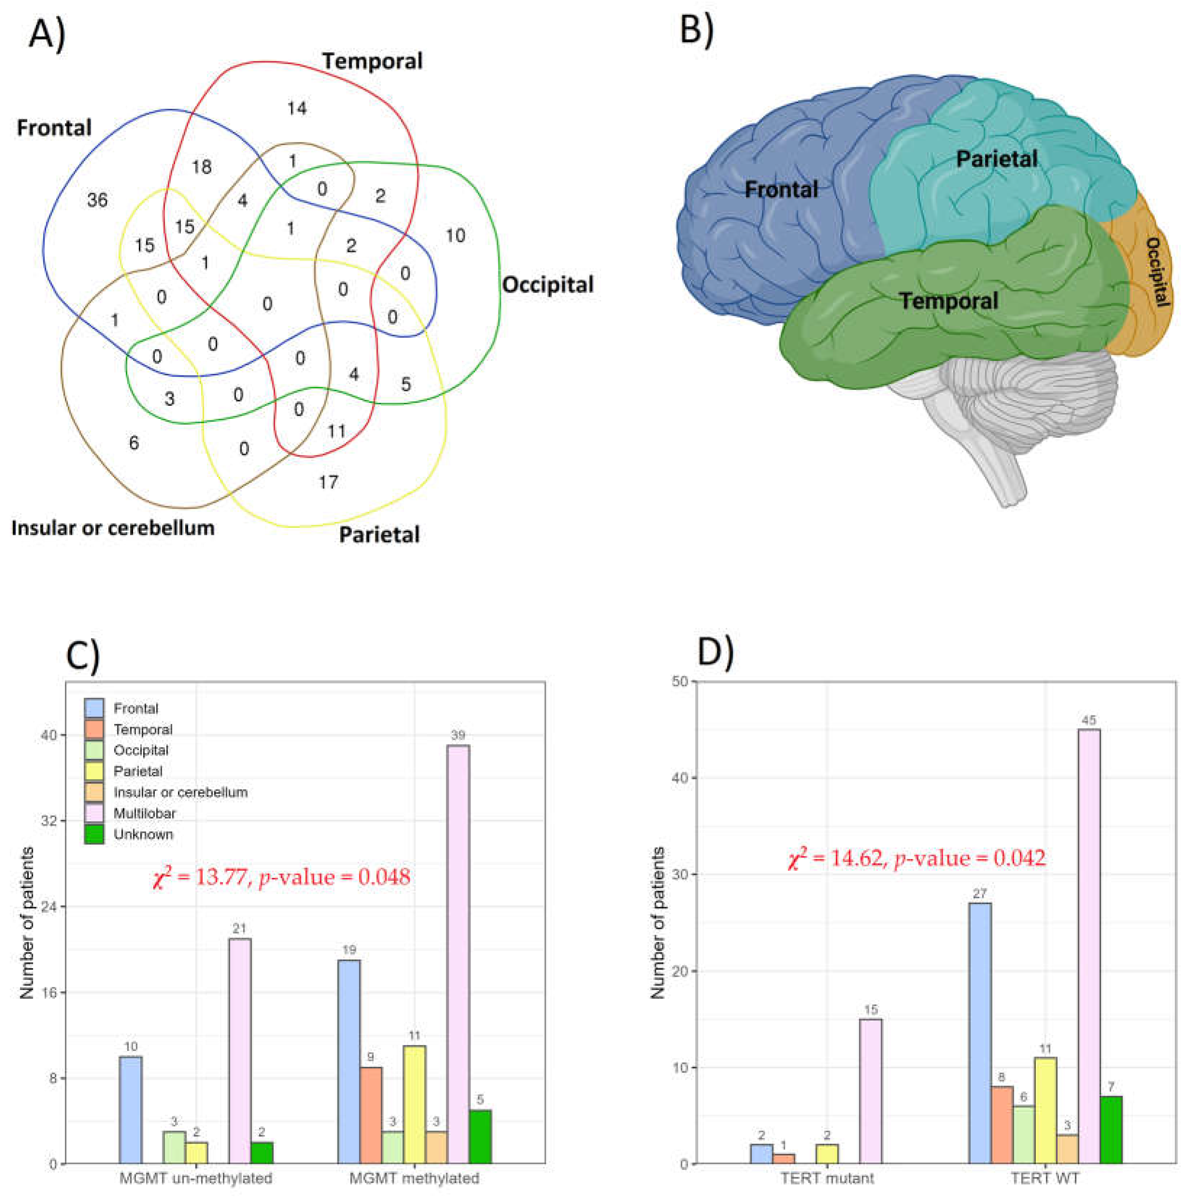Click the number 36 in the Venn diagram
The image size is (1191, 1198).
(x=97, y=200)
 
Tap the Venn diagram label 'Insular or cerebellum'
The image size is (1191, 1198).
(x=113, y=528)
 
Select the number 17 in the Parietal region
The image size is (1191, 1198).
(x=328, y=482)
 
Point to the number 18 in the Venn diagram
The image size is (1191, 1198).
(x=202, y=167)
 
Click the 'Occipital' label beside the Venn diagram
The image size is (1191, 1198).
(x=547, y=285)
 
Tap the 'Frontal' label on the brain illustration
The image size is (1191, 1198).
(x=781, y=189)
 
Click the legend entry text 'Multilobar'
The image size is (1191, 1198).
(x=145, y=813)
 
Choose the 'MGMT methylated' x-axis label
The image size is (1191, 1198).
(x=414, y=1178)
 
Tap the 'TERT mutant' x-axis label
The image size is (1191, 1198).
(x=827, y=1178)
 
